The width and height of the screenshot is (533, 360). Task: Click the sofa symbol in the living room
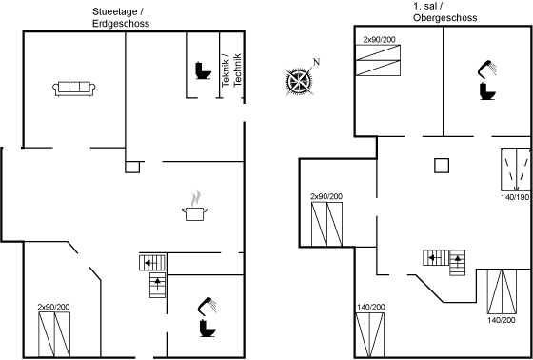74,89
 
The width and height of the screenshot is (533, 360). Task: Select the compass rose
299,82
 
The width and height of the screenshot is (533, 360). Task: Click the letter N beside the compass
316,62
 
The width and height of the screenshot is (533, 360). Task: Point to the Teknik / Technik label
231,70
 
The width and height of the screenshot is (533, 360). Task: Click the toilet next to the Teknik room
203,70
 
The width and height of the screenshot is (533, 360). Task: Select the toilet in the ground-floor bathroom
207,328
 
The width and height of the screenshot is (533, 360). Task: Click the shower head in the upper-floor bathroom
487,69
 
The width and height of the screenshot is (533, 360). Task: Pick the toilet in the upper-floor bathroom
487,90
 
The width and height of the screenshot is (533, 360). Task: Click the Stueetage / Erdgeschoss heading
121,18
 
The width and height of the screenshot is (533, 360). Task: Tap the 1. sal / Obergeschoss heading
445,12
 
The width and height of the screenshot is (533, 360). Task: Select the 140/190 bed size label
516,197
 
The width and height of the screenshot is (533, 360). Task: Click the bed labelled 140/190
516,170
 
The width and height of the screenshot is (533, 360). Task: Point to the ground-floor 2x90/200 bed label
53,308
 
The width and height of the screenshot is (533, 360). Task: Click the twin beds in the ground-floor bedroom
54,334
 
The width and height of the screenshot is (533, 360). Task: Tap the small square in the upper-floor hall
442,166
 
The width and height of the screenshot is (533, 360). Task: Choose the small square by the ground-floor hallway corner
132,167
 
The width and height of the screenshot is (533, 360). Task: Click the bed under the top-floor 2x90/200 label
378,60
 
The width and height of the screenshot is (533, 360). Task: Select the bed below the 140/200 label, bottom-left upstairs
370,335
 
